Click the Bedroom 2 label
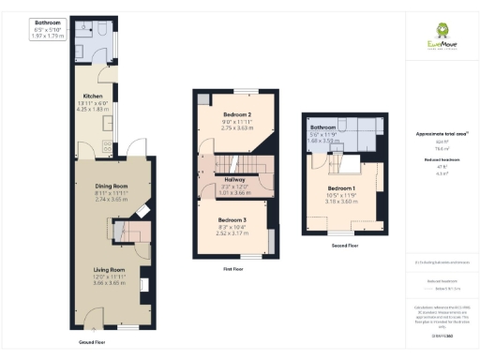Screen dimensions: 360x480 point(236,115)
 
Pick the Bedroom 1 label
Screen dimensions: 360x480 point(341,188)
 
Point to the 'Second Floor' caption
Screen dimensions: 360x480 point(346,245)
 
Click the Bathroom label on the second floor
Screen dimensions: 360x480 point(324,127)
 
